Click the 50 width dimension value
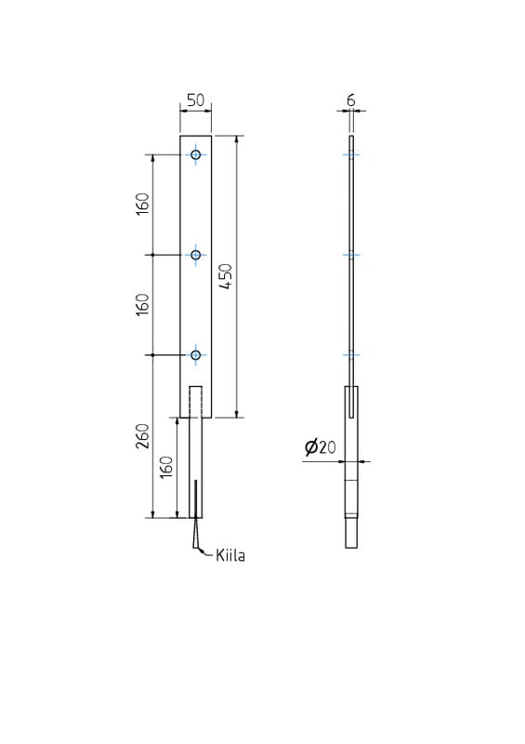click(195, 100)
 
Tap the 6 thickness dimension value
click(351, 100)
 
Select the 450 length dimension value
click(227, 276)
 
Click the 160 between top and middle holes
click(143, 204)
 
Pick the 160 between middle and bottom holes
click(143, 305)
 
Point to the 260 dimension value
click(143, 436)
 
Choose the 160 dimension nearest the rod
click(166, 467)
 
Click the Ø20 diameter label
click(321, 447)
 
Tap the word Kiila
click(230, 555)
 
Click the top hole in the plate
click(196, 154)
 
